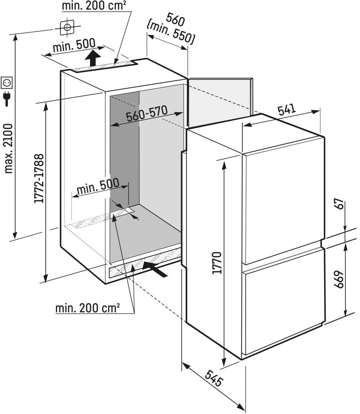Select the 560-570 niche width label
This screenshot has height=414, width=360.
(x=147, y=114)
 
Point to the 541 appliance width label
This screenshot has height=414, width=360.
(x=287, y=110)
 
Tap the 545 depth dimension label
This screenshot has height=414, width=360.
(x=213, y=378)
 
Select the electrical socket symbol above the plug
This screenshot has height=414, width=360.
(x=7, y=83)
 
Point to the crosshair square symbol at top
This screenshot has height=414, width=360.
(x=67, y=27)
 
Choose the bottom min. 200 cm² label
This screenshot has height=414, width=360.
(x=88, y=308)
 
